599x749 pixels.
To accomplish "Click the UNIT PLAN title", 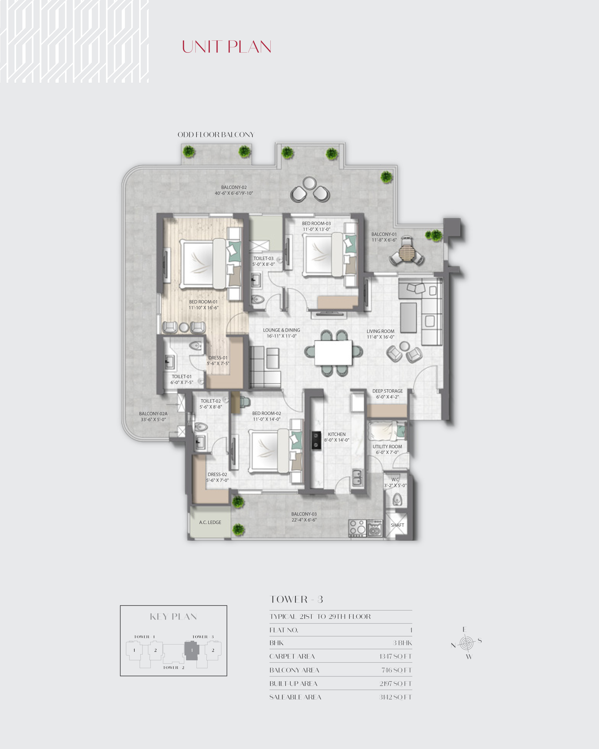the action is pyautogui.click(x=226, y=47).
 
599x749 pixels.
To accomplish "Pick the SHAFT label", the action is pyautogui.click(x=397, y=525).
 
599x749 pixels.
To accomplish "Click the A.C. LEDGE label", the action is pyautogui.click(x=210, y=522).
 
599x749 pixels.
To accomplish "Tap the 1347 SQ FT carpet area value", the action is pyautogui.click(x=395, y=656).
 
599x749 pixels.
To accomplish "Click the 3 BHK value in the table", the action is pyautogui.click(x=402, y=643).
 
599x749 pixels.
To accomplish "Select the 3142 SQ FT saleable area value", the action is pyautogui.click(x=395, y=697).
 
